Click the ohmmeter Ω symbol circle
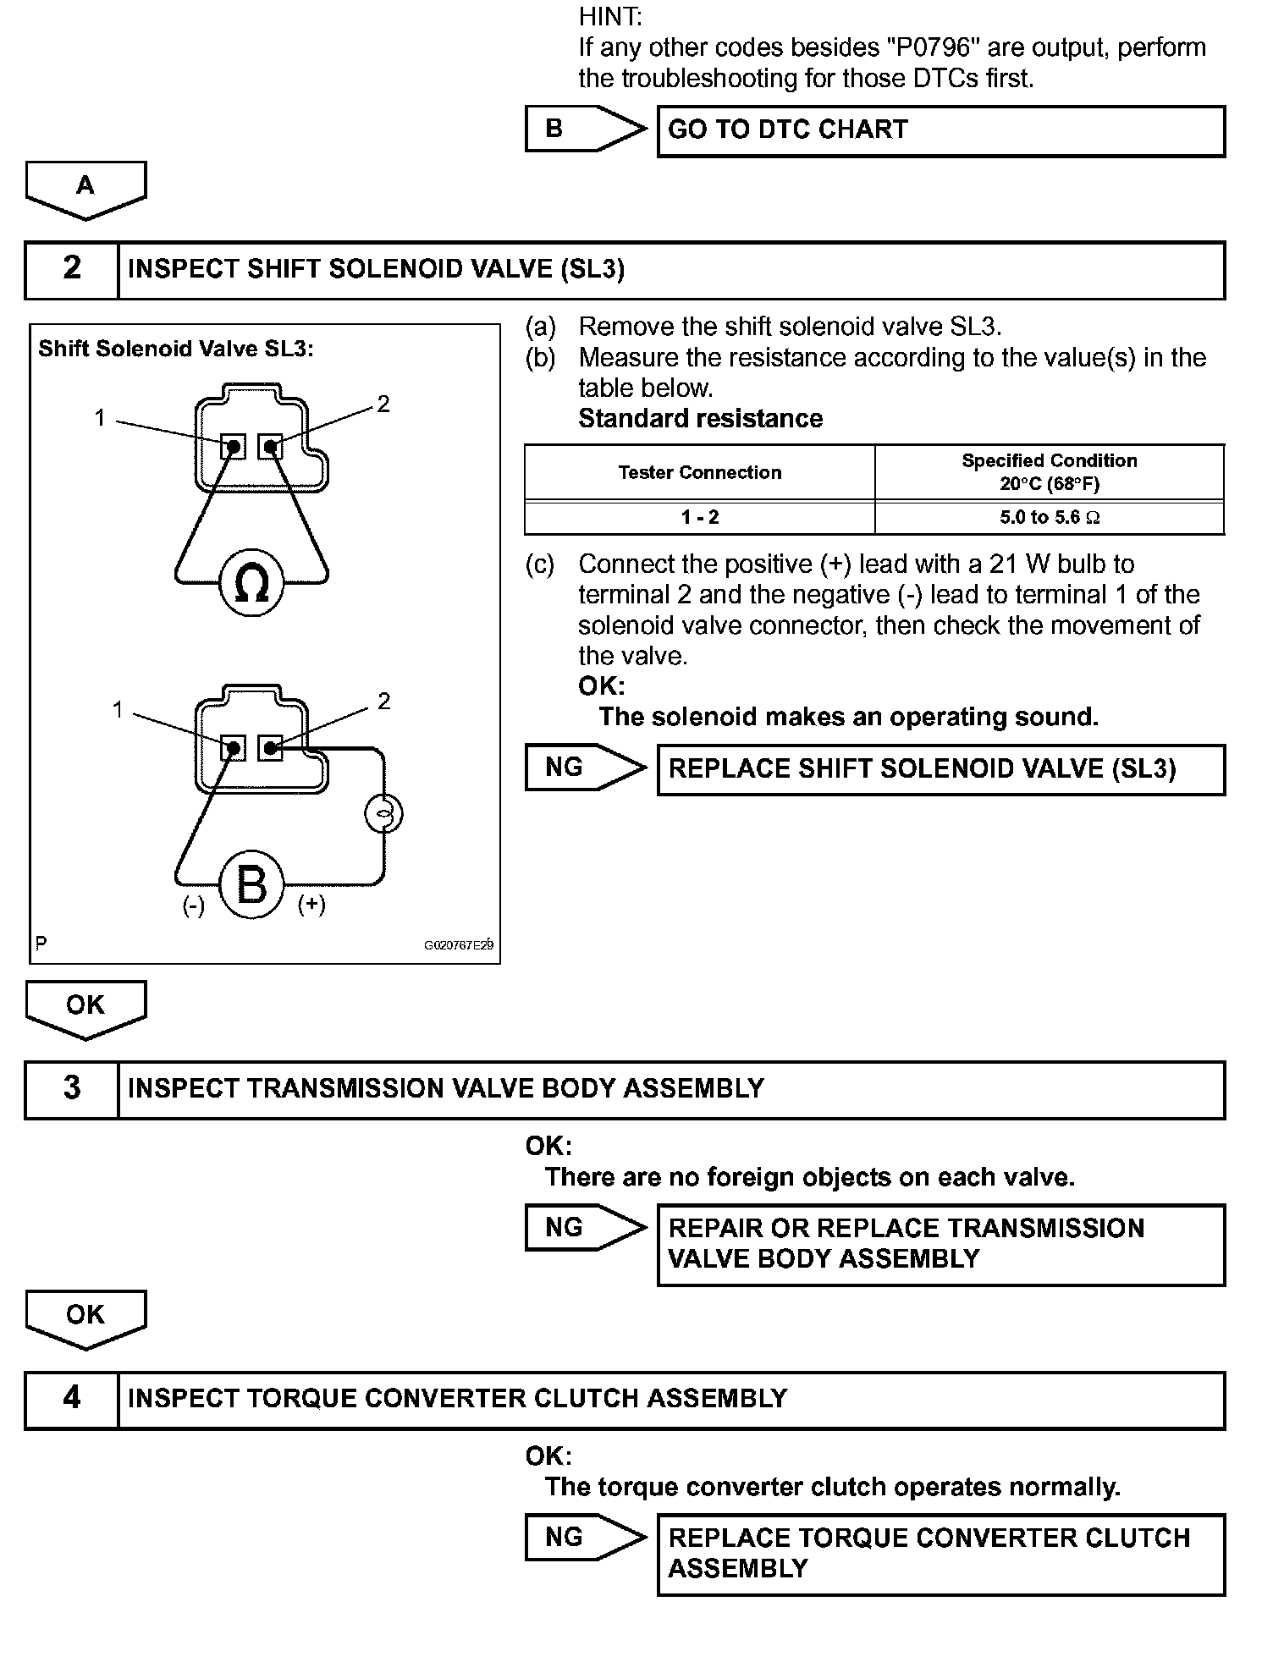(x=251, y=583)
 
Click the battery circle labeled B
(x=251, y=885)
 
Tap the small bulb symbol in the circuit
(x=383, y=814)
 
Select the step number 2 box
(x=72, y=269)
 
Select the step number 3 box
(x=72, y=1088)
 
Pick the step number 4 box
(x=72, y=1398)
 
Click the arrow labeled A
(x=85, y=189)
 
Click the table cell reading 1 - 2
(x=700, y=517)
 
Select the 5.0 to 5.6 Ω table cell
(x=1050, y=517)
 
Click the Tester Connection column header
(x=700, y=472)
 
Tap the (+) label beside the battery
(x=311, y=905)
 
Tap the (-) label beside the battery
(x=194, y=905)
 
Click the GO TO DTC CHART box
(x=940, y=129)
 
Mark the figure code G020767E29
(x=459, y=944)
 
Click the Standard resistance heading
(x=700, y=419)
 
